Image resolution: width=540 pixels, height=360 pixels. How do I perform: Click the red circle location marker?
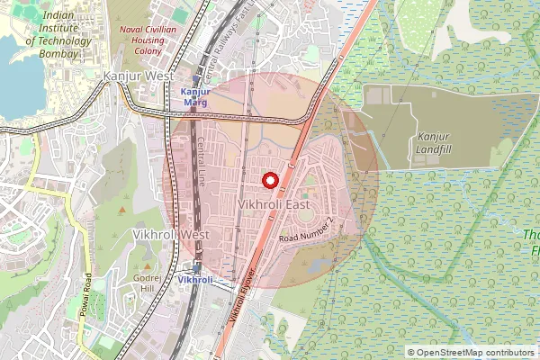(x=269, y=180)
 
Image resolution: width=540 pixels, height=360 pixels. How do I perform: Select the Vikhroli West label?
(x=170, y=234)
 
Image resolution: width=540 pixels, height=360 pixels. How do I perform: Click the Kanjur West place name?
(x=139, y=77)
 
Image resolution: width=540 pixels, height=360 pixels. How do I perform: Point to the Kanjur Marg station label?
(x=195, y=97)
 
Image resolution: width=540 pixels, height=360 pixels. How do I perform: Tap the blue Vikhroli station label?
(x=195, y=280)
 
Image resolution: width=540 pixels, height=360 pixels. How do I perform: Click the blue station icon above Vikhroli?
(x=196, y=266)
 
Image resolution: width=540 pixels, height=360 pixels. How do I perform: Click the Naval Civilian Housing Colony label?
(x=148, y=40)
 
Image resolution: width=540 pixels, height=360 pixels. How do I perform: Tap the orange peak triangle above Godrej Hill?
(x=146, y=265)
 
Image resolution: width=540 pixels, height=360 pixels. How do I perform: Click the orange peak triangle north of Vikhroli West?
(x=123, y=210)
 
